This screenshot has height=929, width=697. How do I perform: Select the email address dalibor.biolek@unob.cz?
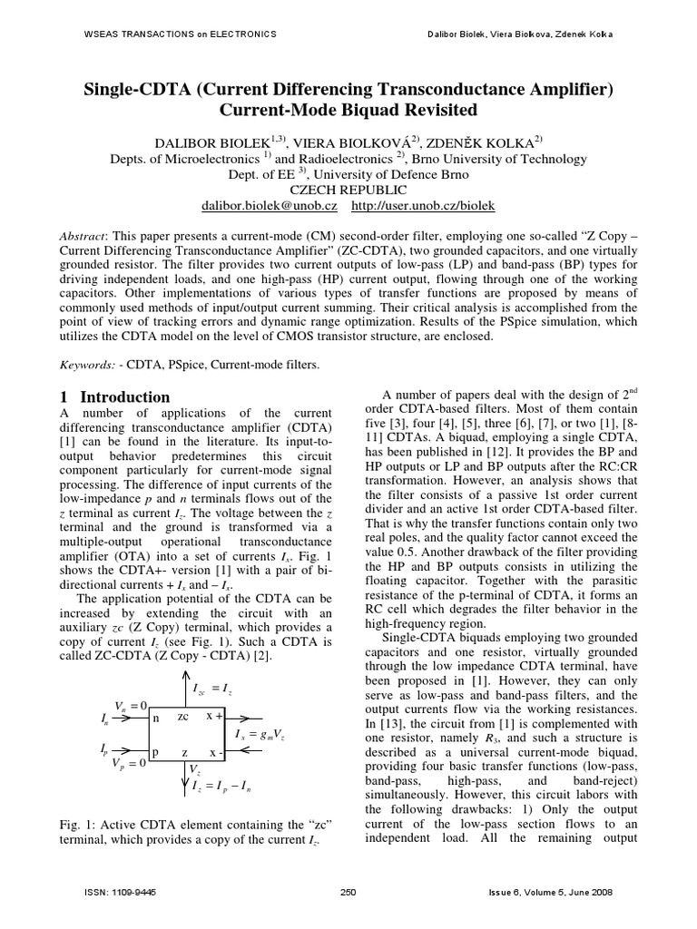tap(270, 207)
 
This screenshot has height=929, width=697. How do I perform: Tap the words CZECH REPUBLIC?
tap(348, 191)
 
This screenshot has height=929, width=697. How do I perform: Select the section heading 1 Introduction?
tap(115, 397)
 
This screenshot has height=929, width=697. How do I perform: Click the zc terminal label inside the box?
tap(182, 716)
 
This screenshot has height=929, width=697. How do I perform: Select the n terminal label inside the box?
tap(156, 717)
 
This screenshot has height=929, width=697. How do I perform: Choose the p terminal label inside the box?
tap(156, 753)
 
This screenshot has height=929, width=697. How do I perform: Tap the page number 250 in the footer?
tap(348, 893)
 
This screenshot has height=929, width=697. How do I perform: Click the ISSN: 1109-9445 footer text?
tap(120, 893)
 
